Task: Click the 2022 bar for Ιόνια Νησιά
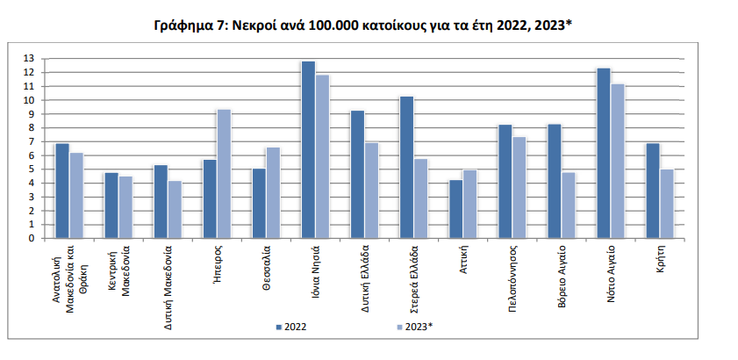307,149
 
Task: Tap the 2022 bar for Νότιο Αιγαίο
602,153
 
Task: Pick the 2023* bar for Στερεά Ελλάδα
420,198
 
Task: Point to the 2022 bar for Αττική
455,209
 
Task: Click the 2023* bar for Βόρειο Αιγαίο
568,205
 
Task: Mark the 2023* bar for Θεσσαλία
273,192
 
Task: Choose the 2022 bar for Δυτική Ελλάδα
356,174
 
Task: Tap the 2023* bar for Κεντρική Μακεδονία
125,207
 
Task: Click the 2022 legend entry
290,327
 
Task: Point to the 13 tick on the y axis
29,59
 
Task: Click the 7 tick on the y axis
31,141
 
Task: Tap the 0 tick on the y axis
31,238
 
